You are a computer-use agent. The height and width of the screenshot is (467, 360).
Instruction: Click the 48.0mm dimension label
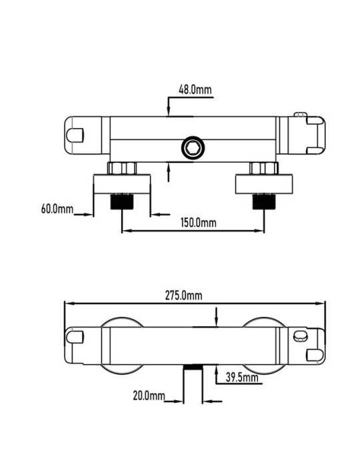coord(195,89)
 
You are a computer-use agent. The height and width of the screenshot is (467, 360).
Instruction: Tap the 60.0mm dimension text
coord(57,208)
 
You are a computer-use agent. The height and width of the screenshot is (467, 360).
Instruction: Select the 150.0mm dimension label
coord(199,222)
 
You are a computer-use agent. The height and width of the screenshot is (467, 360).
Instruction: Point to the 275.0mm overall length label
coord(183,296)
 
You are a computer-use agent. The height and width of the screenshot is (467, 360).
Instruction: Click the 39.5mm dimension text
coord(242,378)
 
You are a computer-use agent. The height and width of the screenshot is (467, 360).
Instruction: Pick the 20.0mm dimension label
coord(149,396)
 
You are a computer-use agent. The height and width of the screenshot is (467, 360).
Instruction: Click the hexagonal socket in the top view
coord(193,147)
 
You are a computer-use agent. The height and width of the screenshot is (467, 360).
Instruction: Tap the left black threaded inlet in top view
coord(122,201)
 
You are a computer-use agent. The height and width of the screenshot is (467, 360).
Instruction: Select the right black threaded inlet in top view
coord(264,201)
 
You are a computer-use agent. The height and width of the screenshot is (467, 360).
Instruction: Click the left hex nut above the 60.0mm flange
coord(122,168)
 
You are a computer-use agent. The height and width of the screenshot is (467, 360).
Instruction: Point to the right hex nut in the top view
coord(264,168)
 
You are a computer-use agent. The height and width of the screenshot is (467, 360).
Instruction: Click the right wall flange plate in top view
coord(264,184)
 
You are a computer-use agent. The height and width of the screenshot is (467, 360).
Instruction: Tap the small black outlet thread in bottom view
coord(193,367)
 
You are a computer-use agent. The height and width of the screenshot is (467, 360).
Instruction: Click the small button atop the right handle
coord(300,115)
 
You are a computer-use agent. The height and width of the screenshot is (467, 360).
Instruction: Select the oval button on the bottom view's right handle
coord(299,336)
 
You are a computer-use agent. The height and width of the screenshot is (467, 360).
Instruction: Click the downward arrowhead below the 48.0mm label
coord(168,112)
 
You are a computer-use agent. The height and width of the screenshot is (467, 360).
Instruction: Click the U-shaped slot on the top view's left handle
coord(75,135)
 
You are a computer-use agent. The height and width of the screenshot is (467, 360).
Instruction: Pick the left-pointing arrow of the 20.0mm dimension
coord(213,402)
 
